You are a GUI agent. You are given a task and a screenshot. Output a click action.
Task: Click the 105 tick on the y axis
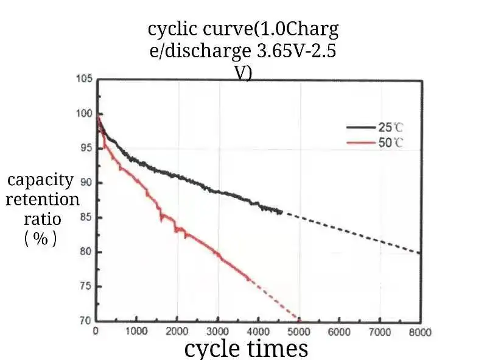(85, 79)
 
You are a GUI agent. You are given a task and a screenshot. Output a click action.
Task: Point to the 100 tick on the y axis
(85, 114)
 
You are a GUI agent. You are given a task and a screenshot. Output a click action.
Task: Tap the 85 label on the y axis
(85, 217)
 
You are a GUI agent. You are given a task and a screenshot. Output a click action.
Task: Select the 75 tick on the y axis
(85, 286)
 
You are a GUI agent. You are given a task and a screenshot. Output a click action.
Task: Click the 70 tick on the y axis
(85, 320)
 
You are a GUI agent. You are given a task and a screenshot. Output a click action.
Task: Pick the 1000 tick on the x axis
(136, 332)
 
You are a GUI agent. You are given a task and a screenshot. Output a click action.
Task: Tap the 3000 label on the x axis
(217, 332)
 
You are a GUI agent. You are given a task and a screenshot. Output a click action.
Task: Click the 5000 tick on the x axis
(298, 332)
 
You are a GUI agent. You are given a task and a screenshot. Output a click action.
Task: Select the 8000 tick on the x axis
(420, 332)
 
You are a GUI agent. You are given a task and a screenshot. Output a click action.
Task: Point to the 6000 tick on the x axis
(339, 332)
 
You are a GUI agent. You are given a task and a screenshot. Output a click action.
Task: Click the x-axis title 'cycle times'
(246, 349)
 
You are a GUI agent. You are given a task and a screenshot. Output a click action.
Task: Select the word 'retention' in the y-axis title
(43, 200)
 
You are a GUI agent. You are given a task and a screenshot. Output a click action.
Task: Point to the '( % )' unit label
(41, 239)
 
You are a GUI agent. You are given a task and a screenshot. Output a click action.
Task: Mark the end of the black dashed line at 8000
(420, 253)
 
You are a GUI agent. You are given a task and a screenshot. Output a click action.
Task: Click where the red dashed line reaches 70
(299, 320)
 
